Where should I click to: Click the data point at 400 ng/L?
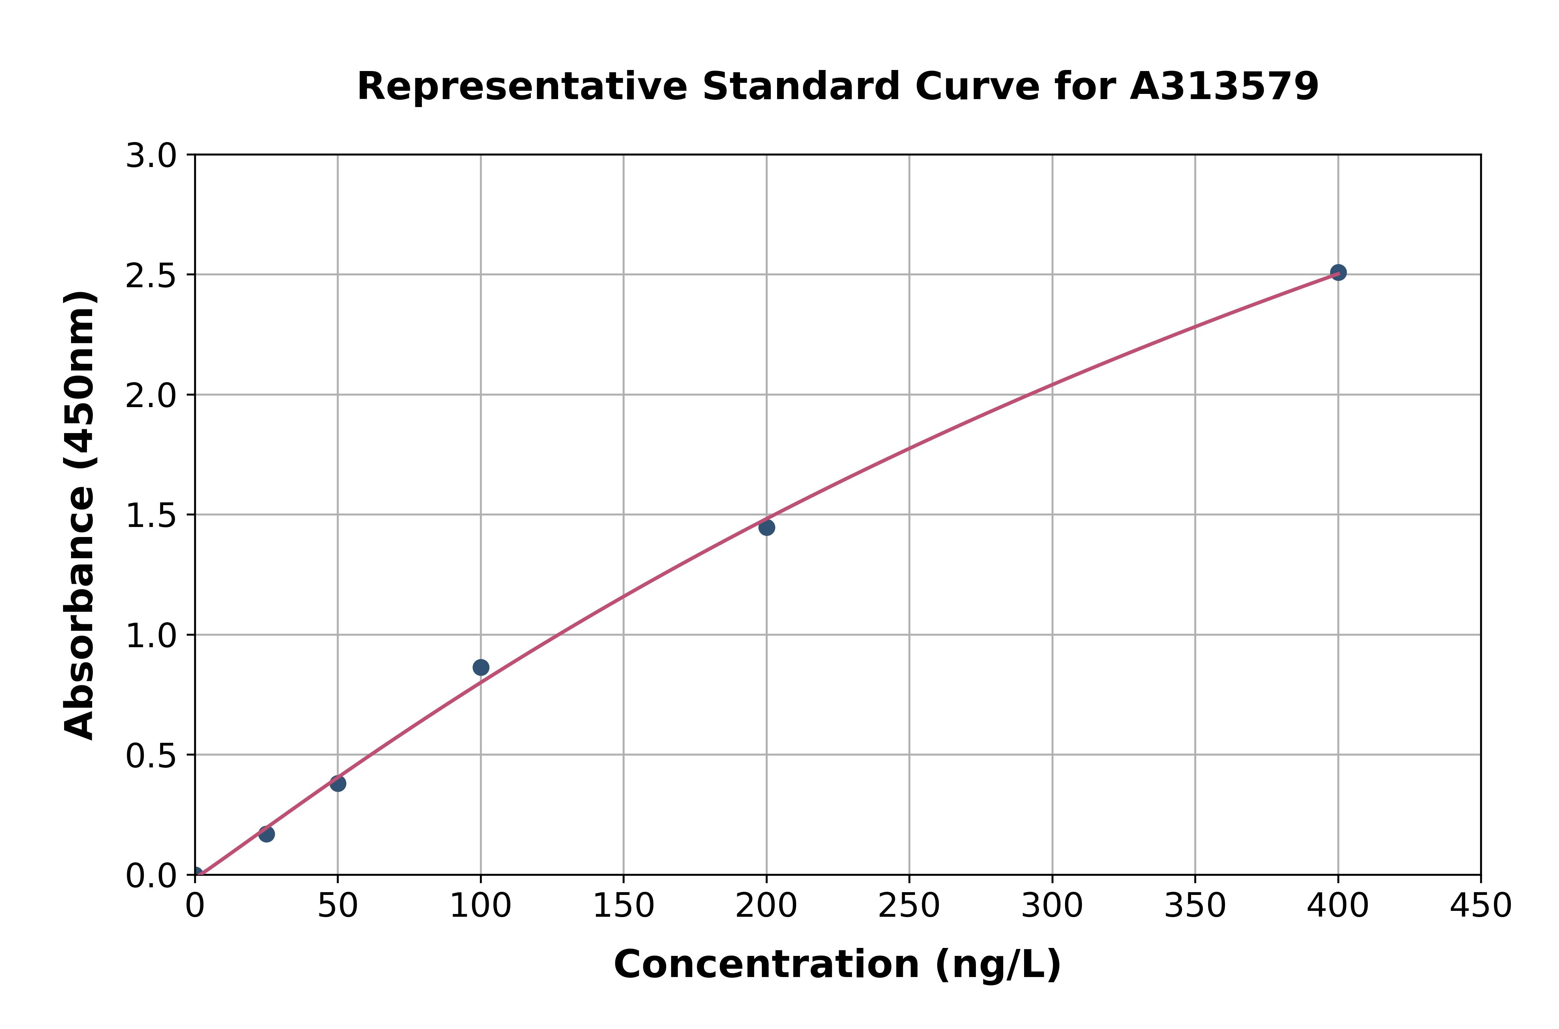(1338, 272)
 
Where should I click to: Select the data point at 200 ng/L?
(766, 528)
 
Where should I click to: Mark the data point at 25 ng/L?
(266, 834)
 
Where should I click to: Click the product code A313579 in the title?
(1224, 87)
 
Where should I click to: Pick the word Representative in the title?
(522, 87)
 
